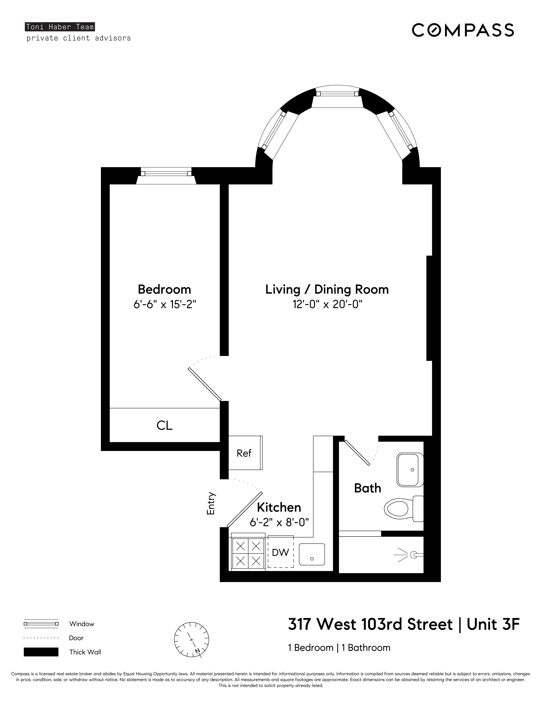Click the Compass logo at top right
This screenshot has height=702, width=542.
click(x=463, y=30)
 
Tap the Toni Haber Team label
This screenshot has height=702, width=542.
click(x=60, y=27)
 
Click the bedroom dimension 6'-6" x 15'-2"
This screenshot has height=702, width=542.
click(x=164, y=304)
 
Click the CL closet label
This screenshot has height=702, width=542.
click(x=164, y=426)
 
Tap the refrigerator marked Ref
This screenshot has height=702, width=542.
click(x=245, y=453)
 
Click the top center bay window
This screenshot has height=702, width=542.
click(x=337, y=94)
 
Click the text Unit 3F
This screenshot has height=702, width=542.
click(x=493, y=625)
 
